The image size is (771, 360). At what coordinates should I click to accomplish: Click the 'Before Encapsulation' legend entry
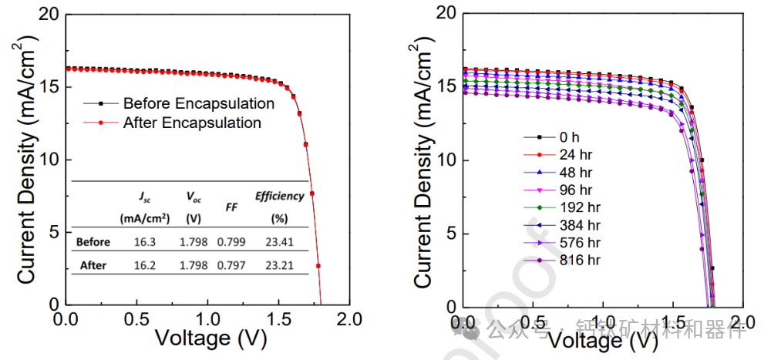[198, 103]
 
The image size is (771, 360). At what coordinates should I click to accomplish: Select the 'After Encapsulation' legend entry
[192, 123]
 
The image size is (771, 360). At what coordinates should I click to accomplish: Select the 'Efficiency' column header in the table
[279, 196]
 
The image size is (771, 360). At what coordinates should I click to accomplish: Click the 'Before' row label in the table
[93, 242]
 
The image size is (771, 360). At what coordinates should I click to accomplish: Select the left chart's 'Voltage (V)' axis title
[203, 338]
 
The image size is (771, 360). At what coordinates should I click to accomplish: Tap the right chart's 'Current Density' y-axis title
[421, 166]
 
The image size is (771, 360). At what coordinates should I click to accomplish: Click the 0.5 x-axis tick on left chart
[138, 318]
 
